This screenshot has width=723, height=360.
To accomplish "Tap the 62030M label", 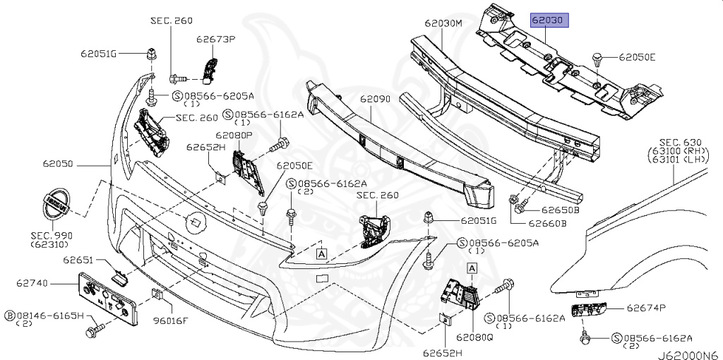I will coord(443,23).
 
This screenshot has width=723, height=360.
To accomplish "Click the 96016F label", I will coord(171,320).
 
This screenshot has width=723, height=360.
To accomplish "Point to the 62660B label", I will coord(548,224).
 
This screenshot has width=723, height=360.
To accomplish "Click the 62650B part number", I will coord(561,210).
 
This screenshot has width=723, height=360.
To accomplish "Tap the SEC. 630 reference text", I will coord(679,142).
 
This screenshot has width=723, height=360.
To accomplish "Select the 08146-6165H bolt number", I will coord(52,316).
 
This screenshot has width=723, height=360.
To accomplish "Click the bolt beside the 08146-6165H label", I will coord(93,331).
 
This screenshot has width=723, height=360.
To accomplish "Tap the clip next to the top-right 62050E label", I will coord(598,61).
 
